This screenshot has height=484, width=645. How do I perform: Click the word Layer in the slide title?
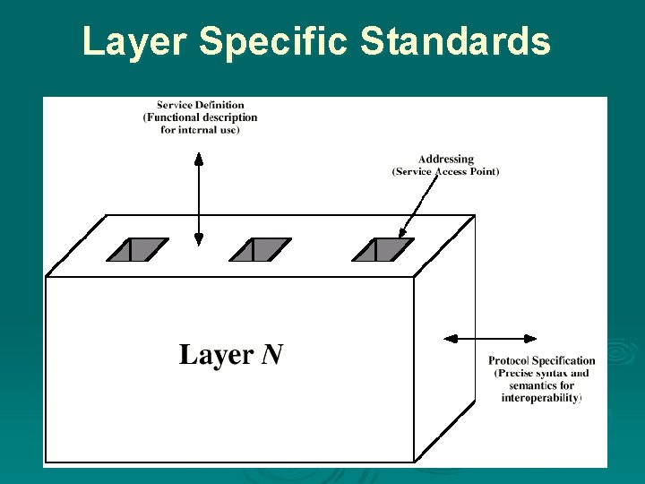point(134,42)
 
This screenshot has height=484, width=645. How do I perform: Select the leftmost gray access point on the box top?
point(137,249)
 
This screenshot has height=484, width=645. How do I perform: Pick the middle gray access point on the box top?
point(260,249)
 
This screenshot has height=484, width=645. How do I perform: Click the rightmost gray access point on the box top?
point(383,249)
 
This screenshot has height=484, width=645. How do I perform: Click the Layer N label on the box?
point(231,355)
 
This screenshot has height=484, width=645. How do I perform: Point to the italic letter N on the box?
point(272,355)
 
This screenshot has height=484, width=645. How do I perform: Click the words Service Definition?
point(200,105)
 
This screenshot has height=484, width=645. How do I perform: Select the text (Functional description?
point(200,117)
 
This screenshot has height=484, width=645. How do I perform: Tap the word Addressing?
point(445,160)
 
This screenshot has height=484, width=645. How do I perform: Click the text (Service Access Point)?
point(445,171)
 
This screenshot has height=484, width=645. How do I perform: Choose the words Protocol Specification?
point(541,361)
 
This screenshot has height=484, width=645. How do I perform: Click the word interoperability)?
point(541,397)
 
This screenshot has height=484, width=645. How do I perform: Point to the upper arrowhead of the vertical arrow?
point(199,159)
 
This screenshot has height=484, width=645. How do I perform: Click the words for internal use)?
point(200,130)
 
